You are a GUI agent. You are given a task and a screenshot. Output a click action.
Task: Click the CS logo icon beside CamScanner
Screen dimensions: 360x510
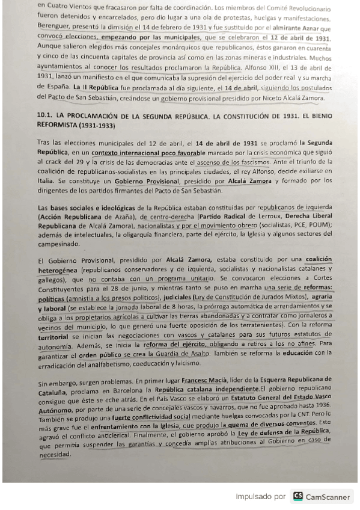coord(298,496)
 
